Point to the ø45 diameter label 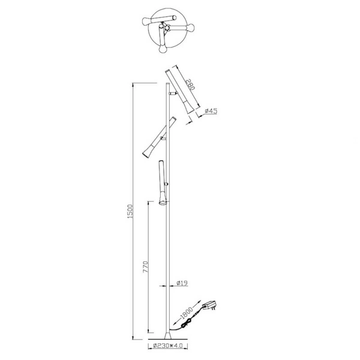(x=212, y=110)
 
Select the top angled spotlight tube (x=179, y=90)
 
